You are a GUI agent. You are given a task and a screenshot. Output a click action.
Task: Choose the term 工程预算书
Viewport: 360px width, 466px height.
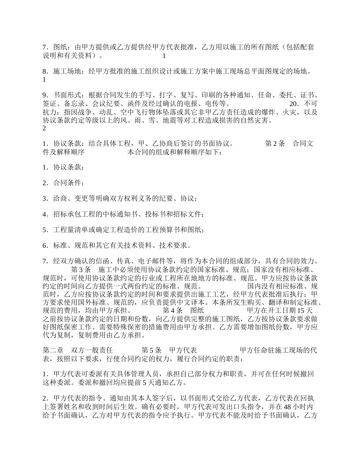click(168, 230)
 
